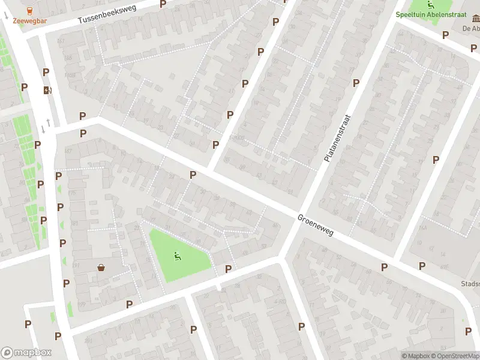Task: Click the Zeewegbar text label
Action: pos(30,20)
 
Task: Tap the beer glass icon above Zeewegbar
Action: pos(30,10)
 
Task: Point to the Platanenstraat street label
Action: pos(336,139)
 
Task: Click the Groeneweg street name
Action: pos(316,224)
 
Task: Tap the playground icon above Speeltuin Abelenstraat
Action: pos(430,4)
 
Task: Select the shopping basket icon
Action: pos(101,267)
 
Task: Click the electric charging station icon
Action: pos(47,91)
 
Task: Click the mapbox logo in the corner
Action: pos(26,352)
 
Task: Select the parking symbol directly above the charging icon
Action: pos(46,72)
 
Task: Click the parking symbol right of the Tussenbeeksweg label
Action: pos(163,4)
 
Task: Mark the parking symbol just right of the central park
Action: pos(228,269)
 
